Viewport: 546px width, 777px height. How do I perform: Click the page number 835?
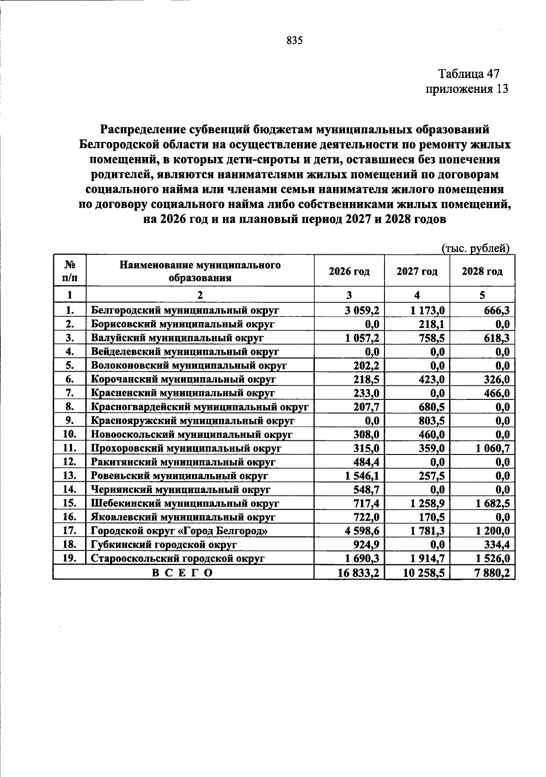pyautogui.click(x=294, y=41)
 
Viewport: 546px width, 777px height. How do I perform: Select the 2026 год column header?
pyautogui.click(x=349, y=272)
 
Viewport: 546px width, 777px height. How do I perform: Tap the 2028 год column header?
pyautogui.click(x=482, y=272)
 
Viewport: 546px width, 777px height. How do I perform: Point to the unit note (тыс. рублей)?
pyautogui.click(x=475, y=248)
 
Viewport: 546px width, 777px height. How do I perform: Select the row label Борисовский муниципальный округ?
pyautogui.click(x=182, y=324)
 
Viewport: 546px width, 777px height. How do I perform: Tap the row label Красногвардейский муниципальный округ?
pyautogui.click(x=200, y=407)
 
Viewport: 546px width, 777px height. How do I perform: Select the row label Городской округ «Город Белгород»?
pyautogui.click(x=179, y=531)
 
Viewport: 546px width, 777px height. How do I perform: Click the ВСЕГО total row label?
pyautogui.click(x=182, y=573)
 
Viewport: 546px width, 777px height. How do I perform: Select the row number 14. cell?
pyautogui.click(x=70, y=489)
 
